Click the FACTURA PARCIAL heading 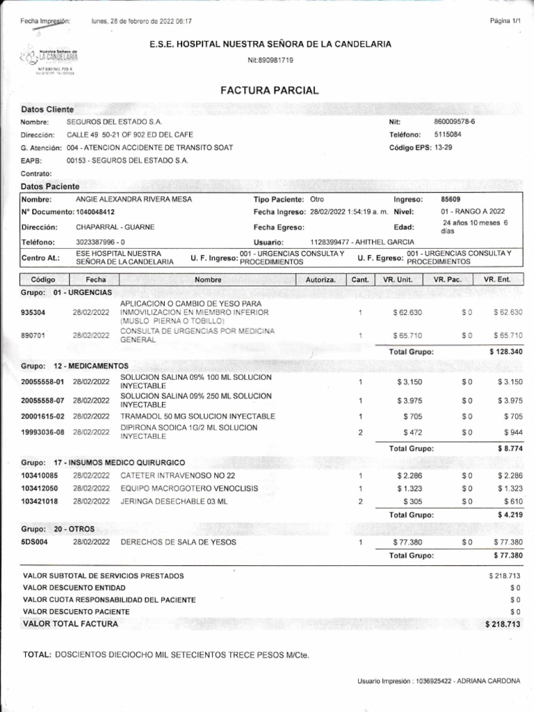(269, 90)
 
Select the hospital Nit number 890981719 (270, 60)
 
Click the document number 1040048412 (95, 211)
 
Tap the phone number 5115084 (448, 134)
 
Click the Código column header (43, 279)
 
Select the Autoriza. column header (321, 279)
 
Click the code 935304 (33, 313)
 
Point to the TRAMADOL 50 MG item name (197, 416)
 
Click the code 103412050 (40, 489)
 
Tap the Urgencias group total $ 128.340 (505, 352)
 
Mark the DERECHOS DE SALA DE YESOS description (178, 542)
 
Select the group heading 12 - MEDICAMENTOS (90, 365)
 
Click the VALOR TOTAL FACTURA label (70, 624)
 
